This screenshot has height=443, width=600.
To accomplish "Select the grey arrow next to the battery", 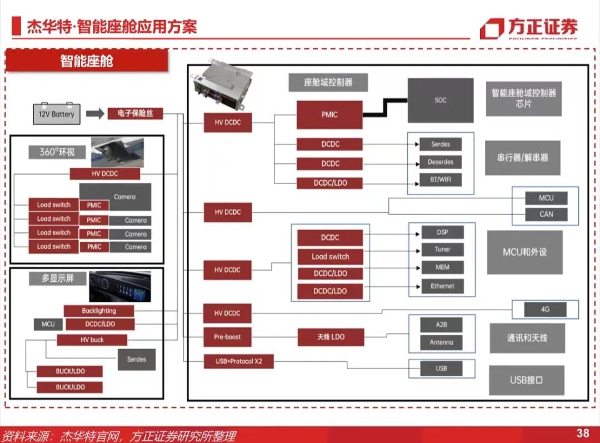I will [x=95, y=114].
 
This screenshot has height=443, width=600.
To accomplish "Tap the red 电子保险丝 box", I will [x=135, y=113].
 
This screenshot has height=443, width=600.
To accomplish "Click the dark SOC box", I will [x=441, y=101].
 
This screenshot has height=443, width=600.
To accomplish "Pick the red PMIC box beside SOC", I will [x=329, y=115].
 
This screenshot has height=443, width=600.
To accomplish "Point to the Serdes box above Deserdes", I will [x=441, y=144].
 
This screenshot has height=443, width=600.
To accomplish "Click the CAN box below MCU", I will [x=546, y=214].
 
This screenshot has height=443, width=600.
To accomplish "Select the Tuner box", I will [x=442, y=250].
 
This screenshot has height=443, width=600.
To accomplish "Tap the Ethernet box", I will [x=442, y=286].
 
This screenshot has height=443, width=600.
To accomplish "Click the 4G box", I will [x=545, y=309].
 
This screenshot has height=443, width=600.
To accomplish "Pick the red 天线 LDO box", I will [x=331, y=337].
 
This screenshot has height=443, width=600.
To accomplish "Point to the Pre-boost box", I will [x=227, y=337].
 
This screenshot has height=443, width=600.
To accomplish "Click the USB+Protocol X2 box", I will [x=239, y=361].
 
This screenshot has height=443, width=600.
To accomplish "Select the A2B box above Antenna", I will [x=442, y=325].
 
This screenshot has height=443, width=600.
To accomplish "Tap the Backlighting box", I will [x=99, y=311].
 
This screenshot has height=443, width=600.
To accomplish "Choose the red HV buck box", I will [x=92, y=340].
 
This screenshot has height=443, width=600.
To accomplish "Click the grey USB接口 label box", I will [x=526, y=380].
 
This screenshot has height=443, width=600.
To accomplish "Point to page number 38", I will [x=583, y=433].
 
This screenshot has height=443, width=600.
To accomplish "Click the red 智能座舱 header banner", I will [x=87, y=61].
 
